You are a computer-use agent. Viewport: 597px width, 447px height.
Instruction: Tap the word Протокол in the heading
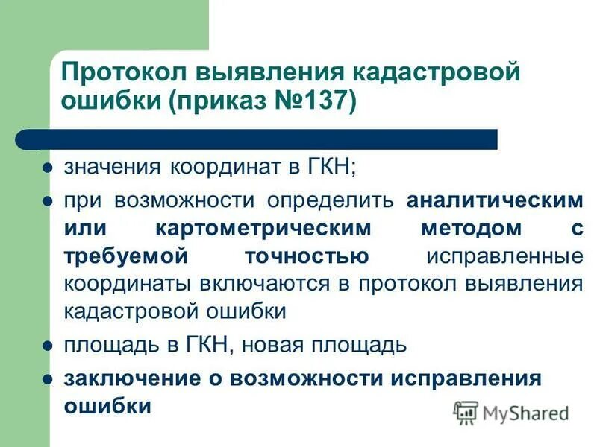click(x=122, y=73)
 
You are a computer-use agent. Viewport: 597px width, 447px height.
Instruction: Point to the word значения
click(x=110, y=166)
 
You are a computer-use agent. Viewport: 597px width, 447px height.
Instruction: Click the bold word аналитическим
click(x=494, y=200)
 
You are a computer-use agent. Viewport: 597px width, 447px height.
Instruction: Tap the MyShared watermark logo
click(x=510, y=412)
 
